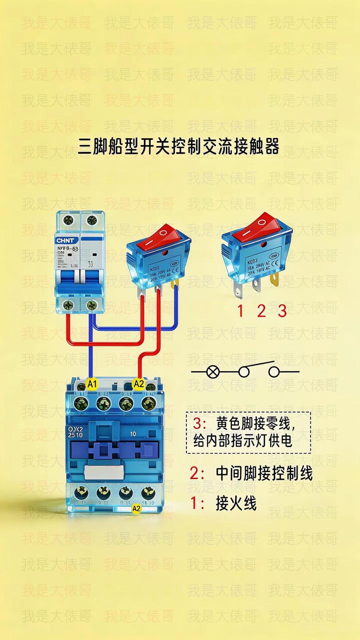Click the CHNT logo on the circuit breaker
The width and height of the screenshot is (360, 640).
pos(66,241)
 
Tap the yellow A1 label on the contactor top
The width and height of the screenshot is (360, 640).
pos(92,384)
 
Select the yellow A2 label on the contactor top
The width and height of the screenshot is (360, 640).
pos(139,383)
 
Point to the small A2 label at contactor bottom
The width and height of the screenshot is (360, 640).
pos(136,509)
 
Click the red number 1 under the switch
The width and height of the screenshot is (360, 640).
pos(240,311)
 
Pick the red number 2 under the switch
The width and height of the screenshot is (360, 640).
pos(261,311)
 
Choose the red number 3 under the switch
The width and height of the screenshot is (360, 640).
pos(282,311)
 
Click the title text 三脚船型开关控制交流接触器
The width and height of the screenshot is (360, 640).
pos(179,147)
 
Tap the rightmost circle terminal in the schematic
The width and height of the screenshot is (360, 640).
pos(274,372)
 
